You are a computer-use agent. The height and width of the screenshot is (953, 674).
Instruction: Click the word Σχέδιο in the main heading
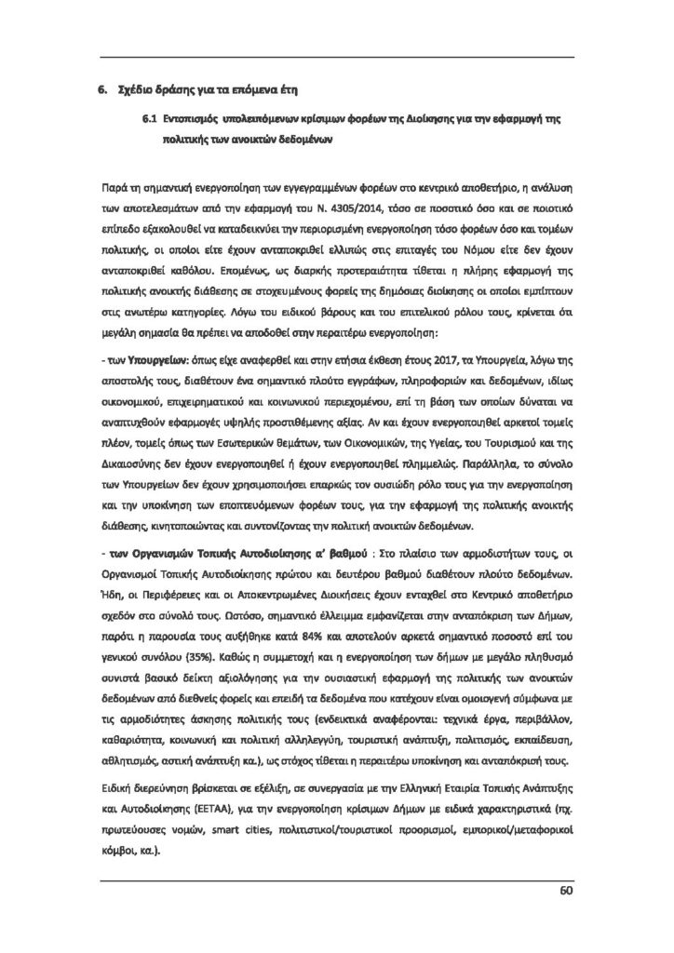pos(142,89)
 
